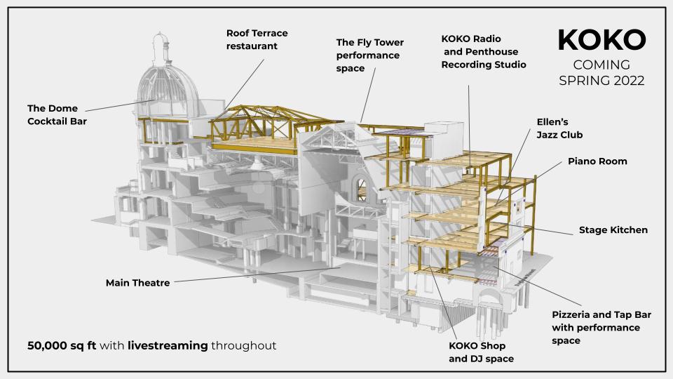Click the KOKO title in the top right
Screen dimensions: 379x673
(x=601, y=40)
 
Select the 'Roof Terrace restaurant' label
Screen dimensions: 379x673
(x=257, y=39)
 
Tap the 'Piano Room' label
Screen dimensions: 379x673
(x=597, y=161)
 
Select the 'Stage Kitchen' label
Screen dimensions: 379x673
(x=613, y=230)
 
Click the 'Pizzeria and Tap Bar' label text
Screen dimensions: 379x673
(x=601, y=321)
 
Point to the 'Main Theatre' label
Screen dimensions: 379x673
(x=137, y=283)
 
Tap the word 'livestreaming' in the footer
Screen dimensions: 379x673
(x=168, y=345)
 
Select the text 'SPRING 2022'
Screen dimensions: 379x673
(x=601, y=81)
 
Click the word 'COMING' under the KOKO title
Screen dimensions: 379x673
(x=601, y=65)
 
